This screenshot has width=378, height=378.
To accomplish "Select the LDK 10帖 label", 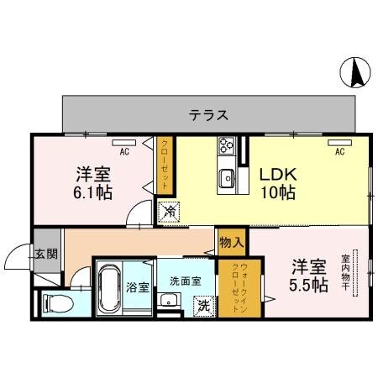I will point(276,183).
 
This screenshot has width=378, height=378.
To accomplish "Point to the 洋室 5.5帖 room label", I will point(309,276).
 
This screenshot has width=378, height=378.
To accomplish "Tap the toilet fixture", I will point(57,302).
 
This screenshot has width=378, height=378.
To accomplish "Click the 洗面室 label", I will point(184,281).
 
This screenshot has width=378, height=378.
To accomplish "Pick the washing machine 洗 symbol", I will point(203,306).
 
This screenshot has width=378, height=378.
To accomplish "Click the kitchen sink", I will point(227,177).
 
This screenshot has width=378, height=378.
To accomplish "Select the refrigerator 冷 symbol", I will point(169,213).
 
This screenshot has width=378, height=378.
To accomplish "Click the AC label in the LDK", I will point(340,152).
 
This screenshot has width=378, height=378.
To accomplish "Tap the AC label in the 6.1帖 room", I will point(123,152).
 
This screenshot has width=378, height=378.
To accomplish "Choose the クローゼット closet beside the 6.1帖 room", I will point(165,165).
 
